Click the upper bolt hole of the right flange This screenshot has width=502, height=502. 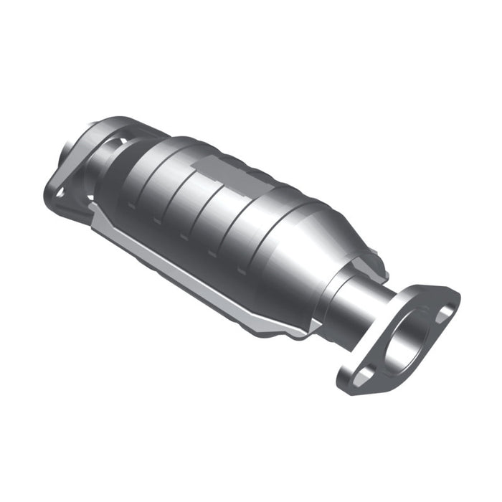click(x=444, y=311)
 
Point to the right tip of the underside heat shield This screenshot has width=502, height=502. click(x=316, y=326)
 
